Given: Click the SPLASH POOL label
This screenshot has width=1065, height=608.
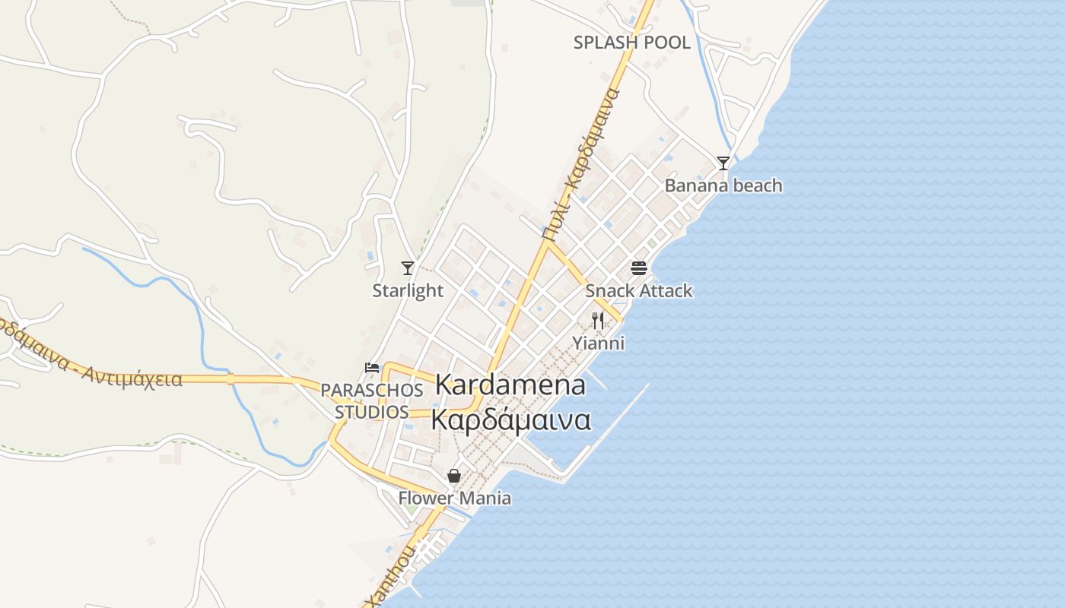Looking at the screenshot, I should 631,43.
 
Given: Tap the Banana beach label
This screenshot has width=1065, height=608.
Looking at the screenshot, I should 723,185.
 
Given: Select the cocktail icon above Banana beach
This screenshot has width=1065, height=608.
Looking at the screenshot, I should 723,163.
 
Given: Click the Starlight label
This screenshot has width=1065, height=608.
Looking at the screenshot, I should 408,290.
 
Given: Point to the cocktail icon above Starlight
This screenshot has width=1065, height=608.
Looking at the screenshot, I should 408,268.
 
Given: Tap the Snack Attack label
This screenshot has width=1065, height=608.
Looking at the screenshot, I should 639,290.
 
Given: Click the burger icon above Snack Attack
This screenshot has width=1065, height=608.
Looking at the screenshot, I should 639,268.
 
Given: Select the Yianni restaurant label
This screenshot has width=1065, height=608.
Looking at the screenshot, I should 599,343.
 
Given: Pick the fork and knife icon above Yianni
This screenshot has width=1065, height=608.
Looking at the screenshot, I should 598,321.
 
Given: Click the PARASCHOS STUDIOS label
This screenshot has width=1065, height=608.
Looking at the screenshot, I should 372,401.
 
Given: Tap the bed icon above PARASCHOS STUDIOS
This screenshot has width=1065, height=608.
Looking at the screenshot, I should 372,368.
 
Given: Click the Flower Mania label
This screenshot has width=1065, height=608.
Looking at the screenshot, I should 455,499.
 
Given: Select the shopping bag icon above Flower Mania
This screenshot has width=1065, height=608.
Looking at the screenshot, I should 454,476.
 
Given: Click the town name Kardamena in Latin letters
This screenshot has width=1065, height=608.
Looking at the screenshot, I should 510,385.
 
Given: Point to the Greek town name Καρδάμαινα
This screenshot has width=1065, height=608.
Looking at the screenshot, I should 510,420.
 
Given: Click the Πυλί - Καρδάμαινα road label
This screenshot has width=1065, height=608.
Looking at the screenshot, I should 582,163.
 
